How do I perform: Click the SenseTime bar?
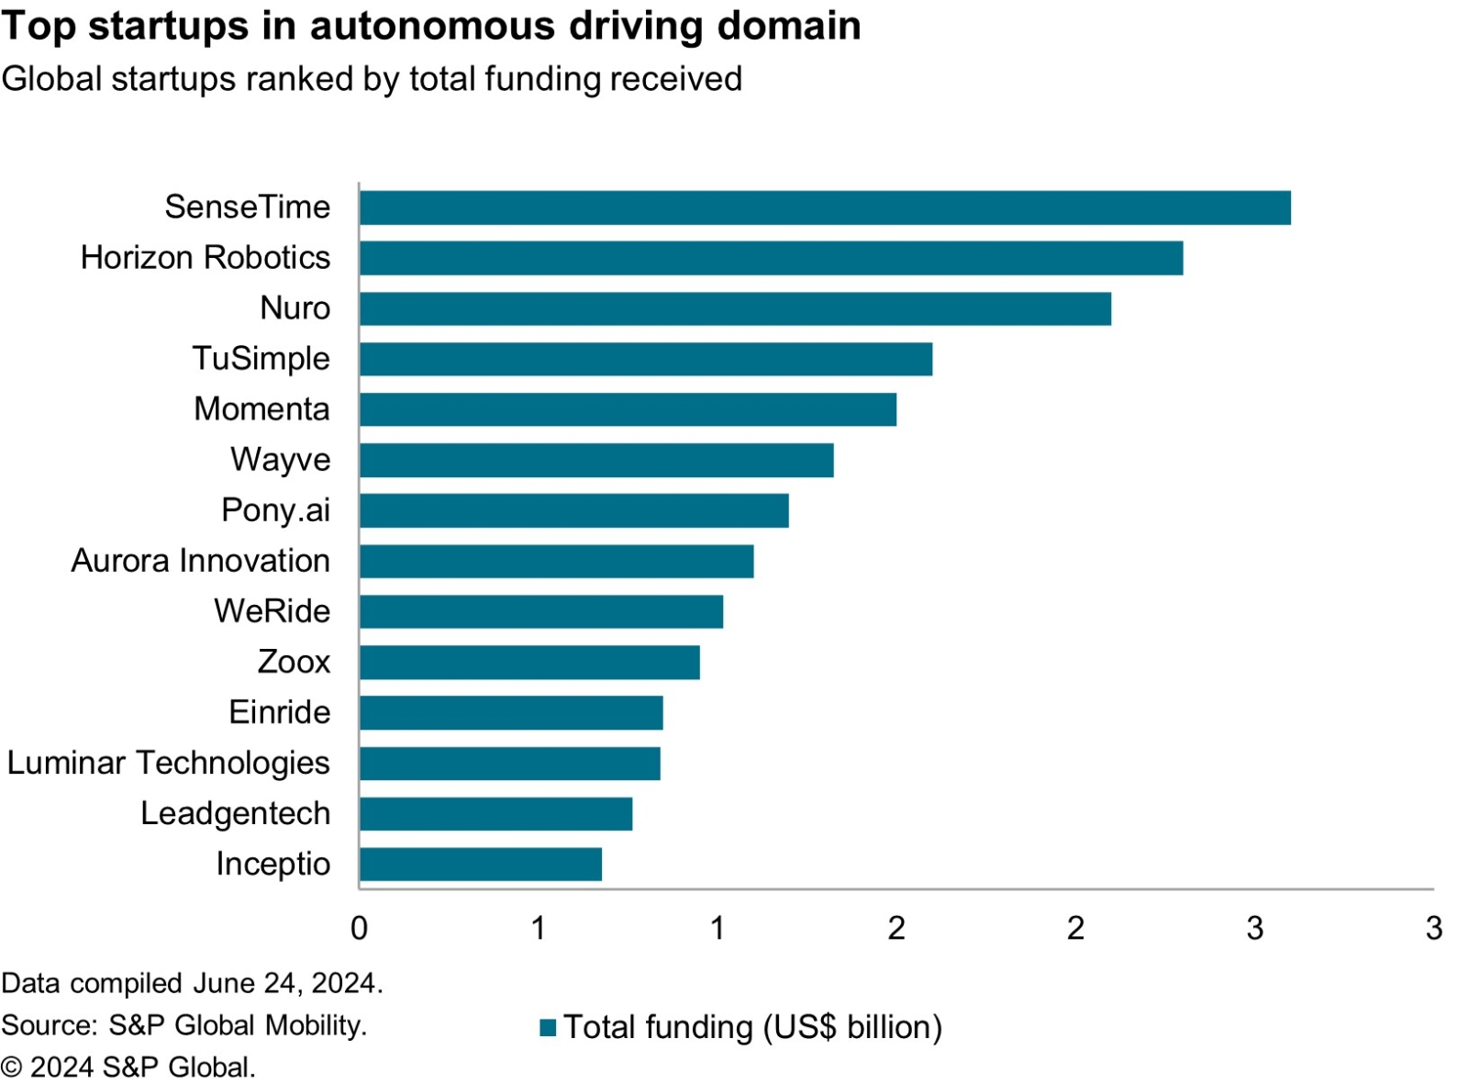[825, 207]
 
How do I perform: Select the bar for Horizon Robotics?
[771, 258]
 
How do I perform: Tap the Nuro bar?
[735, 308]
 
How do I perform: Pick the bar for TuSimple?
[646, 359]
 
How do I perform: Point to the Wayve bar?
[596, 460]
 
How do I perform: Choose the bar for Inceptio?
[481, 864]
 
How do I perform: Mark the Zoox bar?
[529, 662]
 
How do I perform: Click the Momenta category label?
[261, 409]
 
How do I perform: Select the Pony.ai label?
[275, 510]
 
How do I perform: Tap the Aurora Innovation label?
[200, 561]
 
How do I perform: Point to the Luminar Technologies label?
[168, 763]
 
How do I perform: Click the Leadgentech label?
[235, 813]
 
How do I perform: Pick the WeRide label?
[272, 611]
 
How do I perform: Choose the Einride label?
[279, 712]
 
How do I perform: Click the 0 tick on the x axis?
[359, 928]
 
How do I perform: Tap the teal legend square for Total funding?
[548, 1027]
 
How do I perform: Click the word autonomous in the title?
[433, 26]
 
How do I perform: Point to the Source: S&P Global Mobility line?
[183, 1025]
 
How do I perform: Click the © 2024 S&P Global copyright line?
[128, 1067]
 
